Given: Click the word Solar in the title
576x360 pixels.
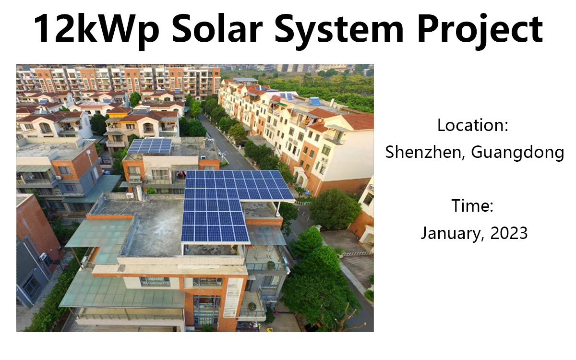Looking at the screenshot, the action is click(x=217, y=28).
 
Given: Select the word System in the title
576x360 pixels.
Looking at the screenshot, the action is click(x=339, y=30).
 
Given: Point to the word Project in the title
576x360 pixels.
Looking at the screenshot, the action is click(x=480, y=30).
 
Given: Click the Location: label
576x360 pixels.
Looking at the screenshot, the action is click(x=473, y=125).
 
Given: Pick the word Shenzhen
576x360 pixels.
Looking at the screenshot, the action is click(x=423, y=152).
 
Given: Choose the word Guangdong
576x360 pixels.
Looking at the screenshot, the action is click(x=517, y=153).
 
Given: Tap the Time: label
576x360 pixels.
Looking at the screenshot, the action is click(x=472, y=206).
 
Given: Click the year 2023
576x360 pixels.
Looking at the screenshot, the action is click(x=509, y=233).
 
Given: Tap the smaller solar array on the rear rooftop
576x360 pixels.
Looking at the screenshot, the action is click(x=150, y=146).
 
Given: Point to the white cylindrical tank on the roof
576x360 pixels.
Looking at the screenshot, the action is click(x=139, y=193).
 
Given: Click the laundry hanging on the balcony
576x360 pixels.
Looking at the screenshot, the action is click(x=181, y=175).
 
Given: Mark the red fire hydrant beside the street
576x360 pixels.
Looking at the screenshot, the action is click(x=254, y=163).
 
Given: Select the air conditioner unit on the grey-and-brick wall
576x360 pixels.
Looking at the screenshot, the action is click(x=43, y=256).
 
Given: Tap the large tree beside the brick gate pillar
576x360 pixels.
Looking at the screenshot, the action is click(x=334, y=208).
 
